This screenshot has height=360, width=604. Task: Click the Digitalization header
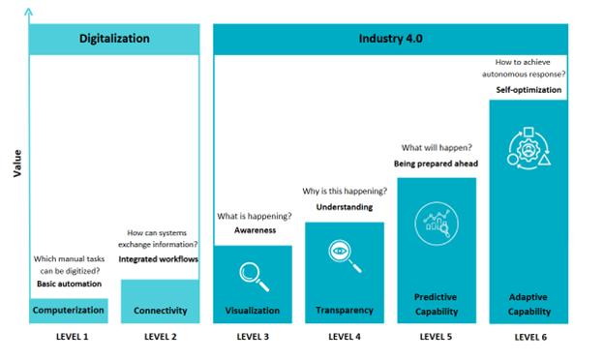[114, 39]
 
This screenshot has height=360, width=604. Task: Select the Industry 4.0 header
[390, 39]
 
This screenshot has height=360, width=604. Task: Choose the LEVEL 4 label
[344, 337]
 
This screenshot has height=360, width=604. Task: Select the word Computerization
[68, 311]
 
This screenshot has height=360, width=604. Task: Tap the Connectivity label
[160, 311]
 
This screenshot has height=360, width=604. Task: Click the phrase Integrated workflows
[159, 260]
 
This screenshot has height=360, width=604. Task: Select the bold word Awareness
[255, 230]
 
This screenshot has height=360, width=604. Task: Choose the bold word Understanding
[346, 207]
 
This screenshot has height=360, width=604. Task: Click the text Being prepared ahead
[436, 164]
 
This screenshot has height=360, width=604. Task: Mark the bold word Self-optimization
[528, 90]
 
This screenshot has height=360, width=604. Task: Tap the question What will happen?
[436, 148]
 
